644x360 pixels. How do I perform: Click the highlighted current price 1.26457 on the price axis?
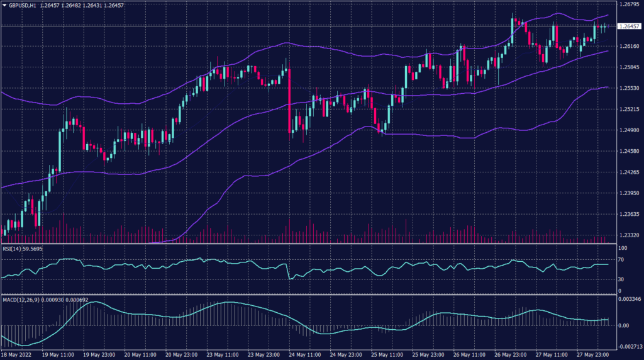pyautogui.click(x=630, y=26)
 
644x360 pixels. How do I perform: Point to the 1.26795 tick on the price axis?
pyautogui.click(x=629, y=4)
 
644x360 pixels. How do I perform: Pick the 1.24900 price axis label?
pyautogui.click(x=629, y=130)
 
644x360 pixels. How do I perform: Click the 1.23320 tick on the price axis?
pyautogui.click(x=629, y=235)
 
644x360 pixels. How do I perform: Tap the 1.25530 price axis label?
pyautogui.click(x=629, y=88)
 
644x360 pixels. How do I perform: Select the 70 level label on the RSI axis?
pyautogui.click(x=621, y=258)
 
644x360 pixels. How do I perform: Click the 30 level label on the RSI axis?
pyautogui.click(x=621, y=279)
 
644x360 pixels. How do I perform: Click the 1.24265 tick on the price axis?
pyautogui.click(x=629, y=172)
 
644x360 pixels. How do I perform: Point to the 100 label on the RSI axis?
pyautogui.click(x=623, y=248)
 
